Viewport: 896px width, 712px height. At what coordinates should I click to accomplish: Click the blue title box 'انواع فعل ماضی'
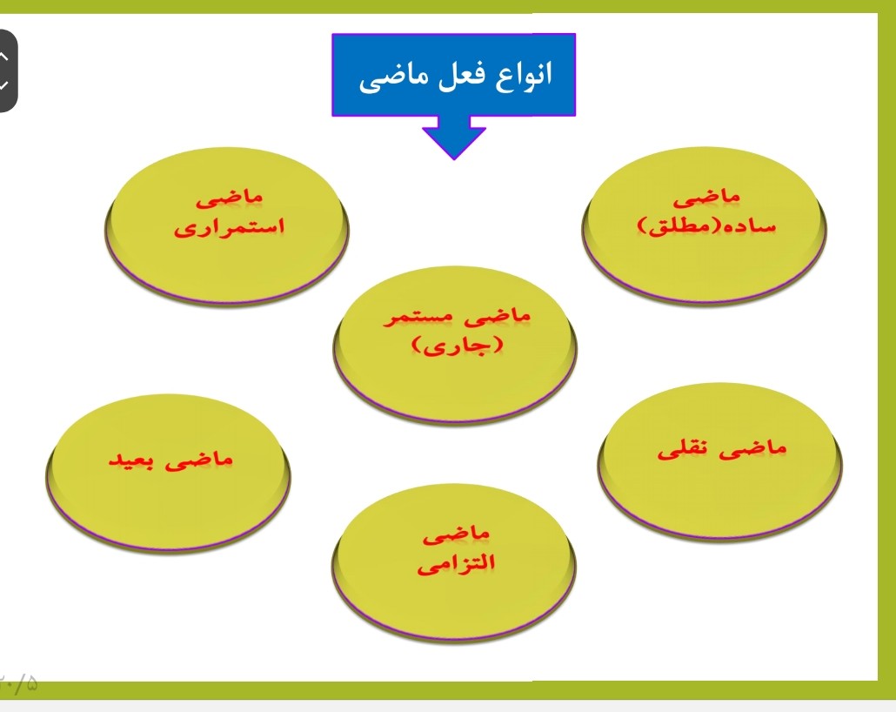[x=454, y=75]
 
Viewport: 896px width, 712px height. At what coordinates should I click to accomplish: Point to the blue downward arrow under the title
[x=454, y=138]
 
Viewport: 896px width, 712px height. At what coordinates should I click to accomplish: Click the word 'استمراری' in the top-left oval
[x=231, y=230]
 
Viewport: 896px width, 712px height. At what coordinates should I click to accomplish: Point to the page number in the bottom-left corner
[x=19, y=684]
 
